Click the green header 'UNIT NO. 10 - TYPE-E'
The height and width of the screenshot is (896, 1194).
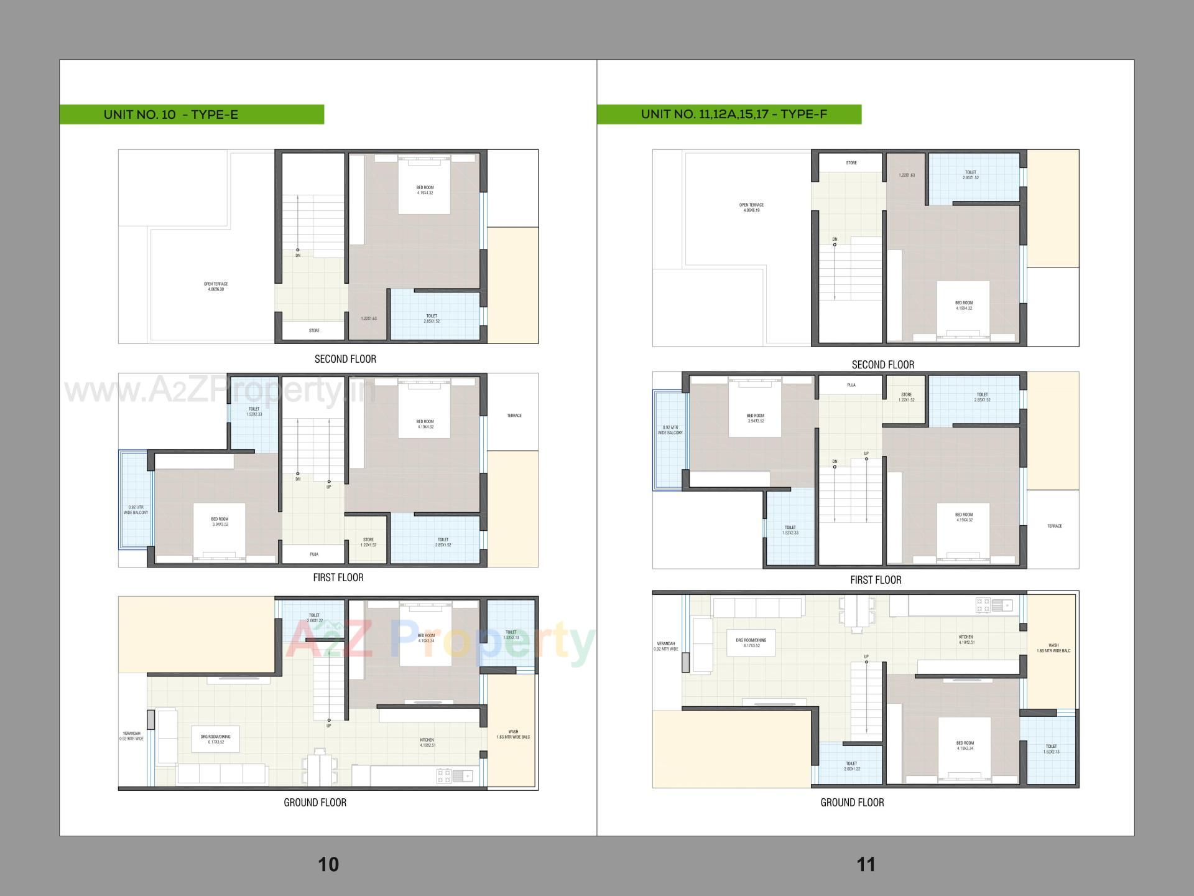pyautogui.click(x=171, y=114)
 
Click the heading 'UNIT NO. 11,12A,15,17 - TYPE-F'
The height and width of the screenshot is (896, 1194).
pyautogui.click(x=734, y=114)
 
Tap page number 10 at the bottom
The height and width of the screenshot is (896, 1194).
pyautogui.click(x=328, y=864)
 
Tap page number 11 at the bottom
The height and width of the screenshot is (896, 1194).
pyautogui.click(x=866, y=864)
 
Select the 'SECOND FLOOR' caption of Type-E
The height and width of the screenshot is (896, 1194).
pyautogui.click(x=345, y=359)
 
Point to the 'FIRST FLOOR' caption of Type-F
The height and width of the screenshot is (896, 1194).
pyautogui.click(x=876, y=580)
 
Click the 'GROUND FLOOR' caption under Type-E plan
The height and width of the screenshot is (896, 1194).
pyautogui.click(x=315, y=803)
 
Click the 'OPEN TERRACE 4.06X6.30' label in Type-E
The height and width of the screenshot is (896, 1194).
pyautogui.click(x=216, y=286)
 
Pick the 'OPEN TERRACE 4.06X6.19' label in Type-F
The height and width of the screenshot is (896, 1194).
pyautogui.click(x=751, y=208)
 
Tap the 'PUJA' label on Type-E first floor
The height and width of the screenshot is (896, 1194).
pyautogui.click(x=314, y=554)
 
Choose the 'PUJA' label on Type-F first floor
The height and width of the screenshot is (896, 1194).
pyautogui.click(x=851, y=385)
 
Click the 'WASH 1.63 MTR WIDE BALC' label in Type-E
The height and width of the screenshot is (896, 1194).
pyautogui.click(x=513, y=734)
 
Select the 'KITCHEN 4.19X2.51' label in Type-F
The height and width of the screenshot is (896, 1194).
pyautogui.click(x=966, y=640)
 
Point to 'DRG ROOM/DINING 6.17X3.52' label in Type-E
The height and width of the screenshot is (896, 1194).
pyautogui.click(x=215, y=739)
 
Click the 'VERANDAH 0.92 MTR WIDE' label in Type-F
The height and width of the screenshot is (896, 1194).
pyautogui.click(x=665, y=646)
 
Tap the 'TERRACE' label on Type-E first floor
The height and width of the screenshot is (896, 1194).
pyautogui.click(x=514, y=416)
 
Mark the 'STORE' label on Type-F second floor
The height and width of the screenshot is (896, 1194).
pyautogui.click(x=851, y=163)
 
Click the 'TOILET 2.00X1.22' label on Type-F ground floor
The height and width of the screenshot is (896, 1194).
pyautogui.click(x=851, y=766)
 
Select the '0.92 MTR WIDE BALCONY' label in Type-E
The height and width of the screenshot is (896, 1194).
pyautogui.click(x=136, y=510)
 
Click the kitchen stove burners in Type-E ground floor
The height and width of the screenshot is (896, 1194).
pyautogui.click(x=443, y=775)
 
